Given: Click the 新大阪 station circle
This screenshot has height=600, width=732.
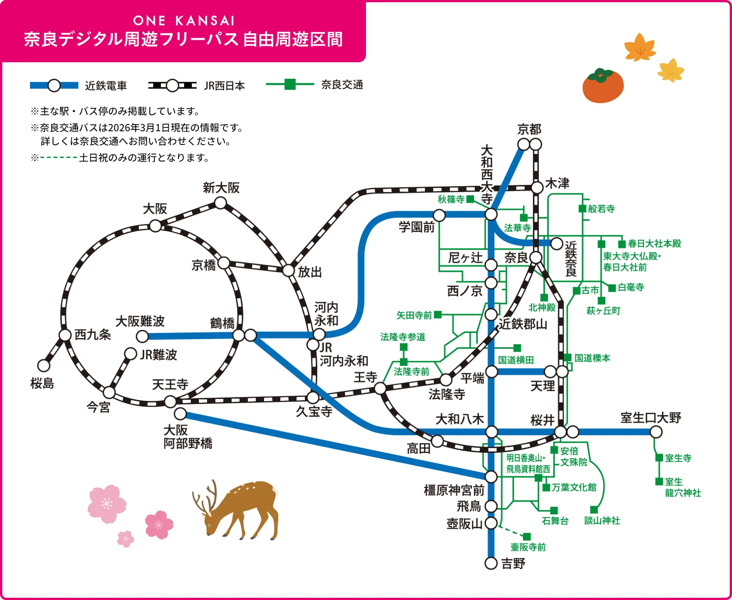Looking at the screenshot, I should pyautogui.click(x=220, y=203).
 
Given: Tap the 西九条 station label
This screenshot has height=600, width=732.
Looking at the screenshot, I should pyautogui.click(x=93, y=334).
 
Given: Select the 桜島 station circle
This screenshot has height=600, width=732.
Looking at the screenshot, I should pyautogui.click(x=44, y=365).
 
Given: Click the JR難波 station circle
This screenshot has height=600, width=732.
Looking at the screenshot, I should pyautogui.click(x=130, y=354).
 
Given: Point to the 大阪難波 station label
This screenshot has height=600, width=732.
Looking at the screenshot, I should pyautogui.click(x=140, y=321).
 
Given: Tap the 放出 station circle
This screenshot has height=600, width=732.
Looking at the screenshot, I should pyautogui.click(x=288, y=270).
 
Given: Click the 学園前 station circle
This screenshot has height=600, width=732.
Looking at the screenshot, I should pyautogui.click(x=439, y=215).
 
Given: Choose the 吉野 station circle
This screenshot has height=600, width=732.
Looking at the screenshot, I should pyautogui.click(x=491, y=563).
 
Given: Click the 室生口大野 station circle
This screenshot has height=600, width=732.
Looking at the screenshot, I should pyautogui.click(x=656, y=432).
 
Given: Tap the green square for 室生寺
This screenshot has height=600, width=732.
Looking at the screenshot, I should pyautogui.click(x=659, y=457).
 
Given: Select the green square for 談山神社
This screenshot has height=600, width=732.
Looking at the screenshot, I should pyautogui.click(x=594, y=510).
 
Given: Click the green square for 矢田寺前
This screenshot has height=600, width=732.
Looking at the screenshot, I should pyautogui.click(x=438, y=315).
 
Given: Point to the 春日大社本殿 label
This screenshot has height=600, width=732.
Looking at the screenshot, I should pyautogui.click(x=654, y=244).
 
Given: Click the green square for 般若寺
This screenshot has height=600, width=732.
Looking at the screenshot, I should pyautogui.click(x=582, y=208).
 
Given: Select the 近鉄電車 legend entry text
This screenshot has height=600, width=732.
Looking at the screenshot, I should pyautogui.click(x=106, y=85).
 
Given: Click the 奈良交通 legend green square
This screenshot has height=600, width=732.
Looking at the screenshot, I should pyautogui.click(x=290, y=84).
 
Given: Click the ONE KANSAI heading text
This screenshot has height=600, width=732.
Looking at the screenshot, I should pyautogui.click(x=184, y=21).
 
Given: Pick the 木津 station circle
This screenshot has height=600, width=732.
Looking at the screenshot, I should pyautogui.click(x=537, y=187).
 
